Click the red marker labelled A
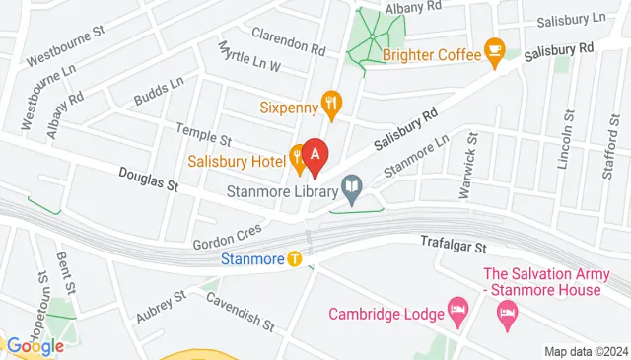pyautogui.click(x=315, y=155)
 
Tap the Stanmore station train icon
pyautogui.click(x=295, y=260)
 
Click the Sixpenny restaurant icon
pyautogui.click(x=333, y=101)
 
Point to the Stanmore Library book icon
pyautogui.click(x=351, y=185)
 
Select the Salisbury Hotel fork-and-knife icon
pyautogui.click(x=295, y=155)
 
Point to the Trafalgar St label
pyautogui.click(x=455, y=241)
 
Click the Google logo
pyautogui.click(x=35, y=346)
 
